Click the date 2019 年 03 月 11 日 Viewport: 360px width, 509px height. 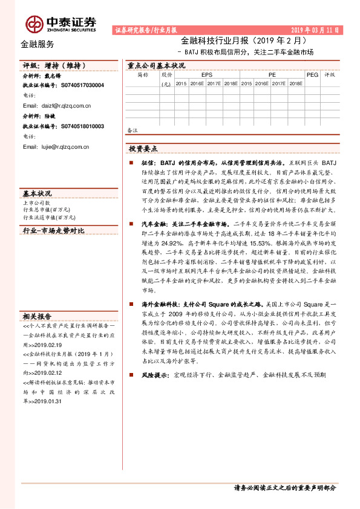pyautogui.click(x=315, y=30)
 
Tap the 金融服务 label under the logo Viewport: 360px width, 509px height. pyautogui.click(x=37, y=44)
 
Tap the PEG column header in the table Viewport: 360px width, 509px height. pyautogui.click(x=312, y=75)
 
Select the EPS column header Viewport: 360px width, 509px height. pyautogui.click(x=206, y=75)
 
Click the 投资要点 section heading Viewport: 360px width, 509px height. pyautogui.click(x=143, y=149)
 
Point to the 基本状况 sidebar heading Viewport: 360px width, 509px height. pyautogui.click(x=38, y=193)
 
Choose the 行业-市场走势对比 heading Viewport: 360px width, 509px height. pyautogui.click(x=54, y=231)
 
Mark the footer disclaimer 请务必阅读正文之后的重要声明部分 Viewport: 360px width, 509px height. pyautogui.click(x=284, y=488)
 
